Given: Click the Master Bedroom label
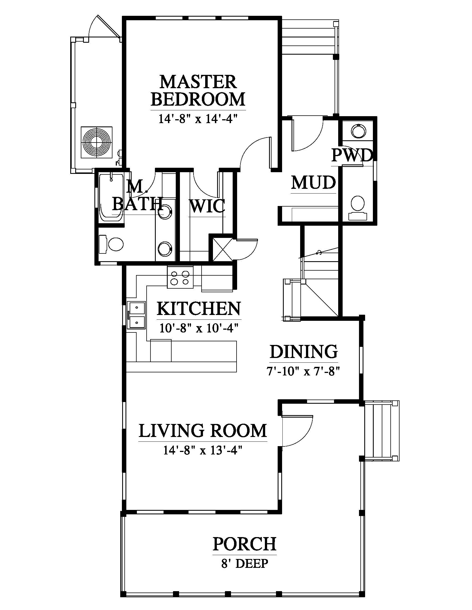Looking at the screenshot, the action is (198, 90).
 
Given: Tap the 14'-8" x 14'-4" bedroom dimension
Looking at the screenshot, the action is (198, 119).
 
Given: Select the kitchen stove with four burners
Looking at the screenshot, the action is (180, 277).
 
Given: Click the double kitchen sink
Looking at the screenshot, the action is (136, 315).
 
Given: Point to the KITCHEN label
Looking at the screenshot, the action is (199, 309).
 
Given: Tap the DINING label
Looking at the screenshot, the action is (304, 352).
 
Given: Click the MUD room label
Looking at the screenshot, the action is (313, 183).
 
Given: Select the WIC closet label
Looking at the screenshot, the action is (207, 206).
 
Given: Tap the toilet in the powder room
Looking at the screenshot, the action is (357, 207).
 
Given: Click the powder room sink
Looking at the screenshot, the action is (358, 130).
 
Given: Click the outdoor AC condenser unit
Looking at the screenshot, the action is (96, 143).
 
